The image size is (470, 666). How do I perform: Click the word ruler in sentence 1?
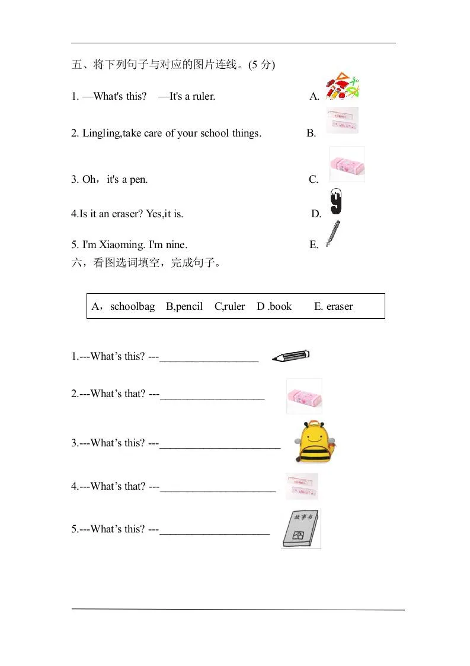click(203, 96)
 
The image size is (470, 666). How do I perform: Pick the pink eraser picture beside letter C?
click(347, 164)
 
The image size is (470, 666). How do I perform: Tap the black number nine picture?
click(336, 202)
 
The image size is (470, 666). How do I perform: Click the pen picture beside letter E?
click(333, 234)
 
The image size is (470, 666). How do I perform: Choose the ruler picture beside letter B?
click(342, 120)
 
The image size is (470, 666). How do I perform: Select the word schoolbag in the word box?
click(132, 307)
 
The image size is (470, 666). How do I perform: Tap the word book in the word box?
click(280, 307)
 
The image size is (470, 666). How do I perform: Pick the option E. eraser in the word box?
click(333, 307)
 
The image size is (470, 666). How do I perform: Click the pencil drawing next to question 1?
click(290, 356)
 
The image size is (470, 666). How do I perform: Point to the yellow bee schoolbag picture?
click(314, 442)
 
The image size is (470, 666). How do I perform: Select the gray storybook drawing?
click(300, 528)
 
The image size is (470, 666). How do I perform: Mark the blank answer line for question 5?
click(215, 534)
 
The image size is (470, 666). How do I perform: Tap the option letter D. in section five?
click(316, 214)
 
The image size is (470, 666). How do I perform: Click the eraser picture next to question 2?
click(304, 396)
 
